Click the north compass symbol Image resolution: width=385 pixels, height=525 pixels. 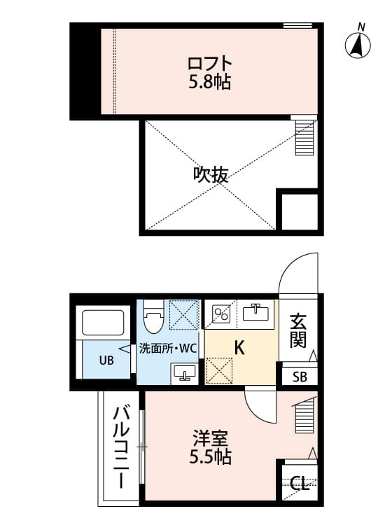coord(358,45)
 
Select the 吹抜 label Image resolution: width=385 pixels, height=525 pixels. coord(210,175)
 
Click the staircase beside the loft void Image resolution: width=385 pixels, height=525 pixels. coord(304,137)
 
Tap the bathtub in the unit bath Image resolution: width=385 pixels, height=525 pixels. coord(103,323)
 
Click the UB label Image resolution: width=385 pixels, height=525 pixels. coord(106,361)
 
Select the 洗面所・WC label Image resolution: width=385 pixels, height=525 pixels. coord(167,348)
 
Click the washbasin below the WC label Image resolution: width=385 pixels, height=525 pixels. coord(184,372)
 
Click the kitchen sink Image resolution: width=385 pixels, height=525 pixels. coord(257,311)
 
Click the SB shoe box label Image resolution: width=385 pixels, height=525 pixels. coord(300,377)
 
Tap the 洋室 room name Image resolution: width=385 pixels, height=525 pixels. coord(210,440)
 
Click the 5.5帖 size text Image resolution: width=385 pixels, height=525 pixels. coord(210,458)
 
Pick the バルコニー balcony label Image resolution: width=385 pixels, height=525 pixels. coord(120,447)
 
